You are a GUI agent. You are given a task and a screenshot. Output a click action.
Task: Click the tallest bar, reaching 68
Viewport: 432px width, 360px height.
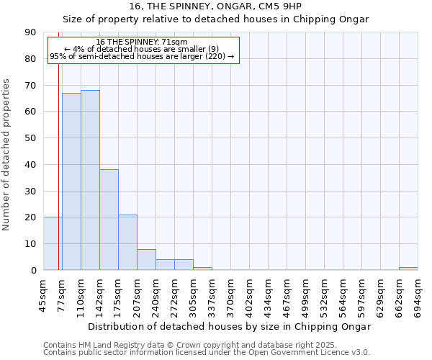tap(90, 180)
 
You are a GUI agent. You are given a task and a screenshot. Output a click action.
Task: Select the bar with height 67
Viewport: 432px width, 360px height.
tap(71, 181)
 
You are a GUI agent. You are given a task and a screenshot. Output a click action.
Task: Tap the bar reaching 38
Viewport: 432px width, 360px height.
tap(109, 220)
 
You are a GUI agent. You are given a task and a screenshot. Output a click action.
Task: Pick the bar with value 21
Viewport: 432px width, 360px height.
tap(127, 242)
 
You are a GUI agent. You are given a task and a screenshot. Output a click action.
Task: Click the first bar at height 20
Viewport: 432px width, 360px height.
tap(53, 243)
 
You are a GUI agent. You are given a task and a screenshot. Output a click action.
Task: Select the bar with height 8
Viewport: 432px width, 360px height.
tap(146, 259)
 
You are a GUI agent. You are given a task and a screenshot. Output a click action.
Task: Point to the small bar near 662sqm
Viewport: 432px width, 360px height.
tap(408, 269)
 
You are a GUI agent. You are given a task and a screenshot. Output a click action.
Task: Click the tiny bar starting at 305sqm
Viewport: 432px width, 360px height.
tap(202, 269)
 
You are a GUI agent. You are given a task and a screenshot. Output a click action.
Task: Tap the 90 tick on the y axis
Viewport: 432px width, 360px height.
tap(30, 32)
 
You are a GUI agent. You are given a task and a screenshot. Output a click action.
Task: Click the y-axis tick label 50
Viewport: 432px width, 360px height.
tap(30, 138)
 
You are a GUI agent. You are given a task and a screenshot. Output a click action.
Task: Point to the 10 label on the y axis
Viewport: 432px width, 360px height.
tap(30, 244)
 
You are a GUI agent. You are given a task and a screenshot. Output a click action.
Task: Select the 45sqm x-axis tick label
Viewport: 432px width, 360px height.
tap(44, 294)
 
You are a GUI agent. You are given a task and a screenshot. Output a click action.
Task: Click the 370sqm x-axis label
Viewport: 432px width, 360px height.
tap(231, 296)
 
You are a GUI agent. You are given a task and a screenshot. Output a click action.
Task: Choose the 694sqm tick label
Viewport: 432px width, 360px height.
tap(418, 296)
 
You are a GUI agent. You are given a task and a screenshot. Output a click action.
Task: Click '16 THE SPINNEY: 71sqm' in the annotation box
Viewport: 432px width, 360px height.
tap(141, 42)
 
